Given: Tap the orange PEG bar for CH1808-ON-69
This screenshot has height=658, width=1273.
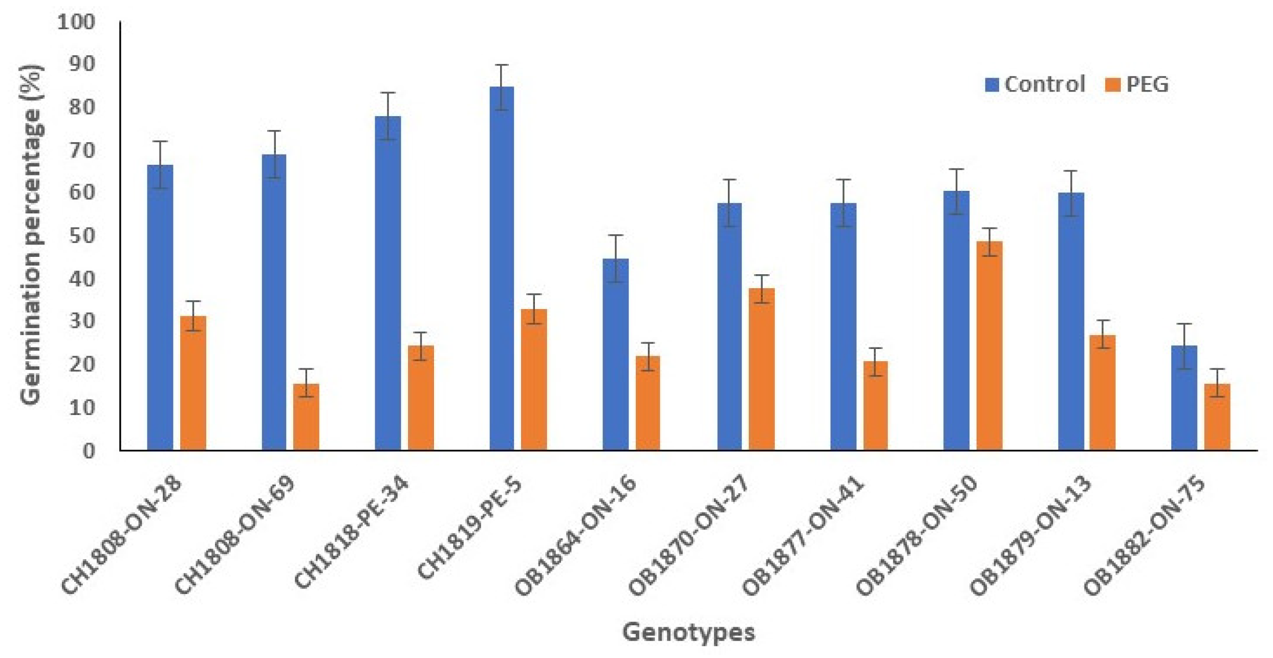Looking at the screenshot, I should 306,417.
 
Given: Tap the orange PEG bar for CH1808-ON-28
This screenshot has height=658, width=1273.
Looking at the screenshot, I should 193,383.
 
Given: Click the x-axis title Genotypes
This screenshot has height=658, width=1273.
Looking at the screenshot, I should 688,632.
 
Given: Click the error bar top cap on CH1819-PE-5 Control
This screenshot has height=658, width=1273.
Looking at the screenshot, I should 502,65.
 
